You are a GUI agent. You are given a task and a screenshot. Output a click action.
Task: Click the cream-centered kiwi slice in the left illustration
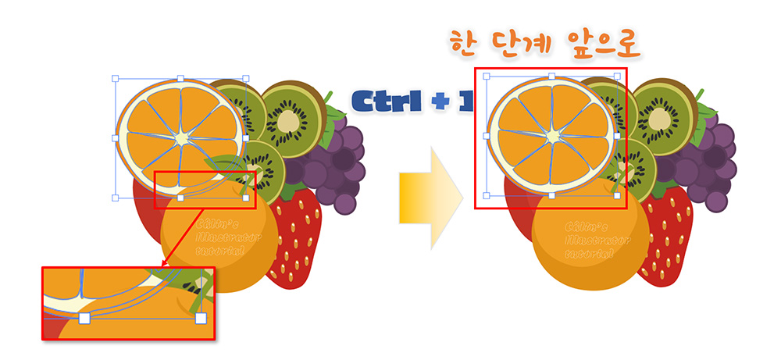291,118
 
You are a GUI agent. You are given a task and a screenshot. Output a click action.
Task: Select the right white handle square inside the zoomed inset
201,319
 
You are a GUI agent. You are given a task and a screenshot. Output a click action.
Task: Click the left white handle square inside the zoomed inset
84,319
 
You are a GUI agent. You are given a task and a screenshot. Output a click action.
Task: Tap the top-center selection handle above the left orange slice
180,78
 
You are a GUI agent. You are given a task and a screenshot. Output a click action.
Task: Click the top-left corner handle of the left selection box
115,78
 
